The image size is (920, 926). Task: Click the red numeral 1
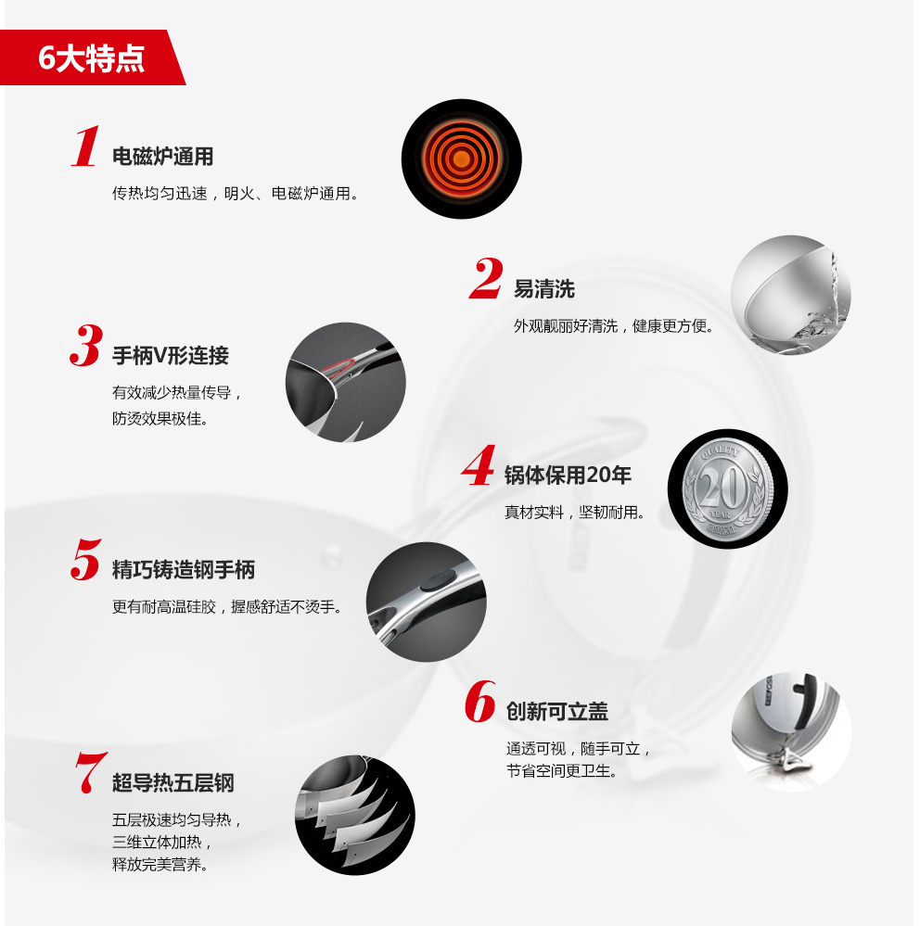pos(85,146)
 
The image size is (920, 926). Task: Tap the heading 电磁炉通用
pos(162,157)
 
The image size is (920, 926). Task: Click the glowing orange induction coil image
pos(462,159)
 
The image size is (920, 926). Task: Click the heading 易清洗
pos(543,289)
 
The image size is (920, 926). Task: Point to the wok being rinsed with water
pos(790,296)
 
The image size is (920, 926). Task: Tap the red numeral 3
pos(86,345)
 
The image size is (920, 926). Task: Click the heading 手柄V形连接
pos(170,356)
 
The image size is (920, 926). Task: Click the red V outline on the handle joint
pos(339,366)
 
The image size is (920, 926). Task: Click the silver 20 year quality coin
pos(727,489)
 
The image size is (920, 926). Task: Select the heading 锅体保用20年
pos(568,476)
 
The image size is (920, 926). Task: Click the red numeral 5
pos(85,559)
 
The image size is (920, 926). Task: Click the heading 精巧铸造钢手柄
pos(184,570)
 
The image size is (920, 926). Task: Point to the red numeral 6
pos(480,701)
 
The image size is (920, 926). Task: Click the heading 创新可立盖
pos(557,712)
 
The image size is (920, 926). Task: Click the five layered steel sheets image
pos(355,815)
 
